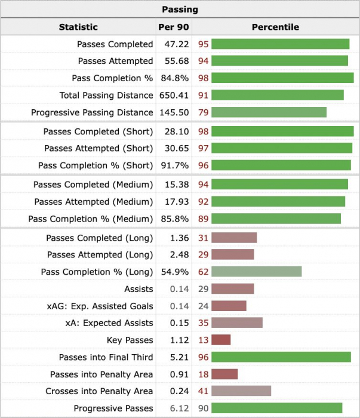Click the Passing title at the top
click(x=180, y=10)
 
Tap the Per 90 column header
click(x=173, y=27)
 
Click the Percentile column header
click(x=275, y=27)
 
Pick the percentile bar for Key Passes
click(x=221, y=340)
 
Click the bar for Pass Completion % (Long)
click(x=256, y=272)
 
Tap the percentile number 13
click(x=203, y=340)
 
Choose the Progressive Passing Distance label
click(x=92, y=112)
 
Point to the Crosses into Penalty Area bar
click(x=241, y=391)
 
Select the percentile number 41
click(x=203, y=391)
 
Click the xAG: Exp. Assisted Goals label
click(x=100, y=306)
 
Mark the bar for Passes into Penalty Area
click(x=224, y=374)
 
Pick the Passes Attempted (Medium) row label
click(x=93, y=202)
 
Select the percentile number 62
click(x=203, y=272)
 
